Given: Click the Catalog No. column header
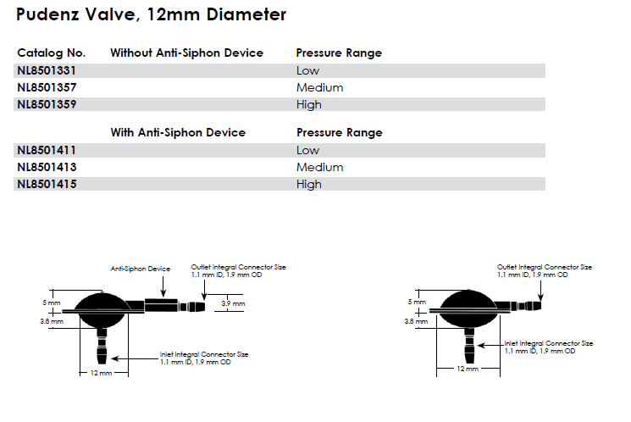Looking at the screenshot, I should pyautogui.click(x=51, y=53).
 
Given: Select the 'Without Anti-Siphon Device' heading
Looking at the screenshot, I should pyautogui.click(x=186, y=53).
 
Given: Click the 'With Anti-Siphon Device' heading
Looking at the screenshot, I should pyautogui.click(x=178, y=132).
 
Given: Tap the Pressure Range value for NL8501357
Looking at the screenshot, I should pyautogui.click(x=319, y=87).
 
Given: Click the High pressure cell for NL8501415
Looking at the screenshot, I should pyautogui.click(x=309, y=184).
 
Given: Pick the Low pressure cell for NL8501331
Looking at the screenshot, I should pyautogui.click(x=307, y=70).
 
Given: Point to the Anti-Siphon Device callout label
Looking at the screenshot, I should pyautogui.click(x=141, y=269).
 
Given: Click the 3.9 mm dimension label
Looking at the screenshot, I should pyautogui.click(x=233, y=303).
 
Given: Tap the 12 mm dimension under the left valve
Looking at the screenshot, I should pyautogui.click(x=100, y=374).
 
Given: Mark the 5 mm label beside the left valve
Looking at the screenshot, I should pyautogui.click(x=53, y=303).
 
